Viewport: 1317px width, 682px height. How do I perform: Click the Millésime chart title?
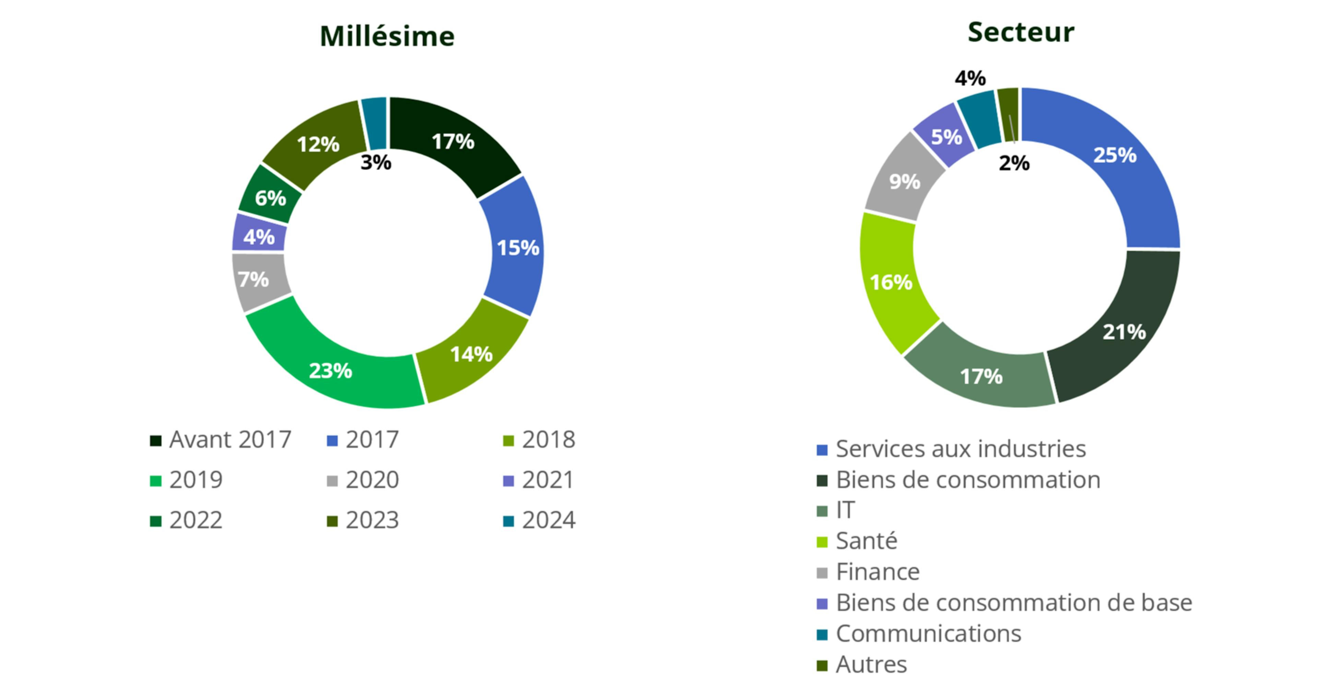(x=387, y=36)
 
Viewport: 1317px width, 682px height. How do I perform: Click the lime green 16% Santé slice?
(x=891, y=282)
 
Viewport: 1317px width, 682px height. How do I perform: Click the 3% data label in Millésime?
(x=376, y=162)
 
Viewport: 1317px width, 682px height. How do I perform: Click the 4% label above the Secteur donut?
(x=970, y=78)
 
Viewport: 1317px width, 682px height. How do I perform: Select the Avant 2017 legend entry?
(x=220, y=439)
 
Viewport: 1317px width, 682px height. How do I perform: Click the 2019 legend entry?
(x=187, y=480)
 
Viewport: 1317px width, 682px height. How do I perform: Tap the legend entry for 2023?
(x=363, y=520)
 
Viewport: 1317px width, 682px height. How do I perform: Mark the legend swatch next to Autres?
(x=822, y=666)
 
